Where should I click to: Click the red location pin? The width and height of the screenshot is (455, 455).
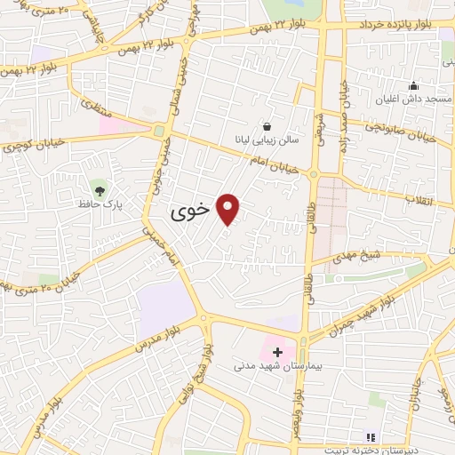pos(228,208)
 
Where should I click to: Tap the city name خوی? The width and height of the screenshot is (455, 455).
pos(189,212)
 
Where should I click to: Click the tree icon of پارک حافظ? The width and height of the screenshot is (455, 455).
pos(100,190)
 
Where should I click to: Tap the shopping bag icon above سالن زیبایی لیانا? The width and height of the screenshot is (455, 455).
pos(267,126)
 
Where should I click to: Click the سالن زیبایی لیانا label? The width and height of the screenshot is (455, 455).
pos(267,140)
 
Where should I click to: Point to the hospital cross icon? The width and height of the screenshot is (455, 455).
pos(277,352)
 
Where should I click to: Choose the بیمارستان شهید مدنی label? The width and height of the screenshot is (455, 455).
pos(269,365)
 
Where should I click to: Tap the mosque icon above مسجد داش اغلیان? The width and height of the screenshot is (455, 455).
pos(413,86)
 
